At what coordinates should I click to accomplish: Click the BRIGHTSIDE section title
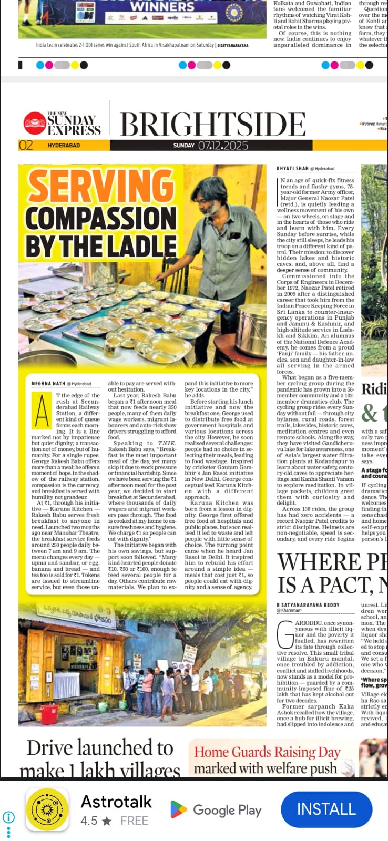pos(213,125)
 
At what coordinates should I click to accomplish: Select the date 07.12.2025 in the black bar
pos(223,145)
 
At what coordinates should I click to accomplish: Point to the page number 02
pos(26,146)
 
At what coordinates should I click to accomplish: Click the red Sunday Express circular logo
pos(35,124)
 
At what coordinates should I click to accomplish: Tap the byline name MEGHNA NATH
pos(48,384)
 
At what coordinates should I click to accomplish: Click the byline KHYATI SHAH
pos(292,169)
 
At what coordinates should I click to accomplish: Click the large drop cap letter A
pos(42,411)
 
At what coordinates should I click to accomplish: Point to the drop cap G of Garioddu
pos(285,634)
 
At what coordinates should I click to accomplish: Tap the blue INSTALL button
pos(326,809)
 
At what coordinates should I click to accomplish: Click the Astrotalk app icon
pos(47,809)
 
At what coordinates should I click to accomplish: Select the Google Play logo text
pos(227,810)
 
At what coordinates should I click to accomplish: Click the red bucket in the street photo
pos(49,714)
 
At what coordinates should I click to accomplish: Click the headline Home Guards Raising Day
pos(267,752)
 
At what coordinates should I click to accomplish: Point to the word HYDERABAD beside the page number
pos(64,146)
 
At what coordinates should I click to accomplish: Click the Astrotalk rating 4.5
pos(89,821)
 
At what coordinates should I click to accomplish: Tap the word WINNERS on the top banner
pos(162,6)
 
